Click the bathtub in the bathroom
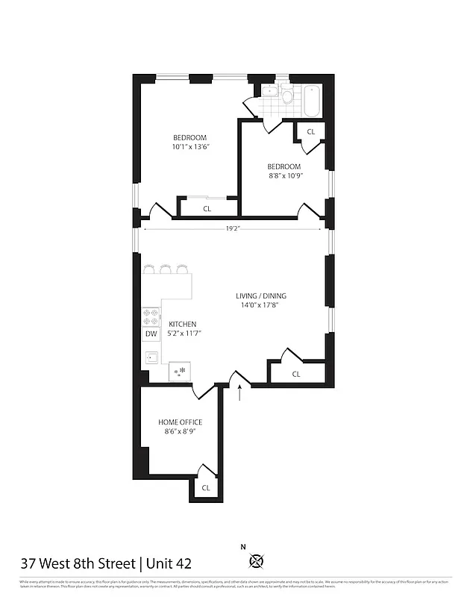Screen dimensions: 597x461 [x=312, y=100]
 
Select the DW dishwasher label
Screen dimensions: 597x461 [x=151, y=335]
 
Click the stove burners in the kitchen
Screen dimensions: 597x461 [x=151, y=316]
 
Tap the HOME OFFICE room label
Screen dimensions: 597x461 [x=180, y=422]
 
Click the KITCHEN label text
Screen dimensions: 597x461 [x=183, y=324]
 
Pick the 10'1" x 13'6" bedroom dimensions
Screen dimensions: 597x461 [x=190, y=147]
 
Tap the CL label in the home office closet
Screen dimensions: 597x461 [x=206, y=487]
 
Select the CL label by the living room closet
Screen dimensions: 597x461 [x=296, y=374]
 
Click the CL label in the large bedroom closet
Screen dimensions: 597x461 [x=207, y=209]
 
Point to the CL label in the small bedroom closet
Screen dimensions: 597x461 [x=311, y=131]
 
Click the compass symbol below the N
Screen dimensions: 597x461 [x=258, y=561]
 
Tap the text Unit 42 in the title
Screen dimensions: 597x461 [x=173, y=563]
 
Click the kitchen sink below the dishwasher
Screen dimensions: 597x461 [x=151, y=357]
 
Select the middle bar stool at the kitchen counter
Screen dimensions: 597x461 [x=166, y=268]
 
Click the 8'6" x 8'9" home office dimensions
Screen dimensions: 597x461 [x=180, y=432]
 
